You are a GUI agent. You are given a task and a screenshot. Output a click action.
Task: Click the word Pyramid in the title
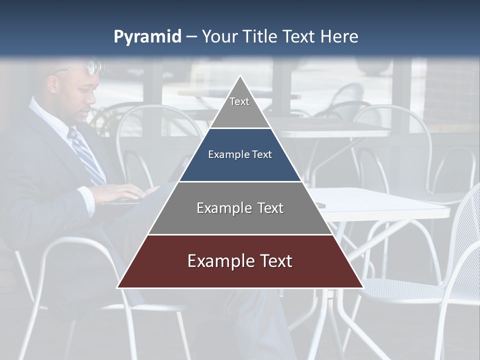click(147, 37)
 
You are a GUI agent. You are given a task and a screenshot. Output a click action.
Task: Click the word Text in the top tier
click(239, 101)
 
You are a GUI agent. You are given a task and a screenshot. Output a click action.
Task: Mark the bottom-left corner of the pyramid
click(117, 287)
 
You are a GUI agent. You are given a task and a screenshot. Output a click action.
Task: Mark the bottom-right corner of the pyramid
click(363, 287)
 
